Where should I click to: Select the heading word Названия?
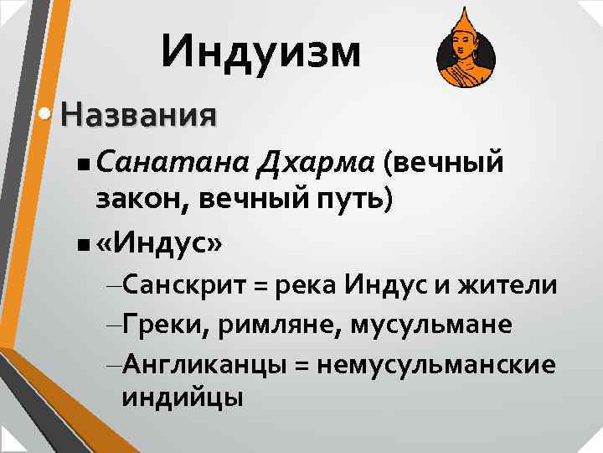point(138,113)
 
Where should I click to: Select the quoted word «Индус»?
point(160,243)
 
